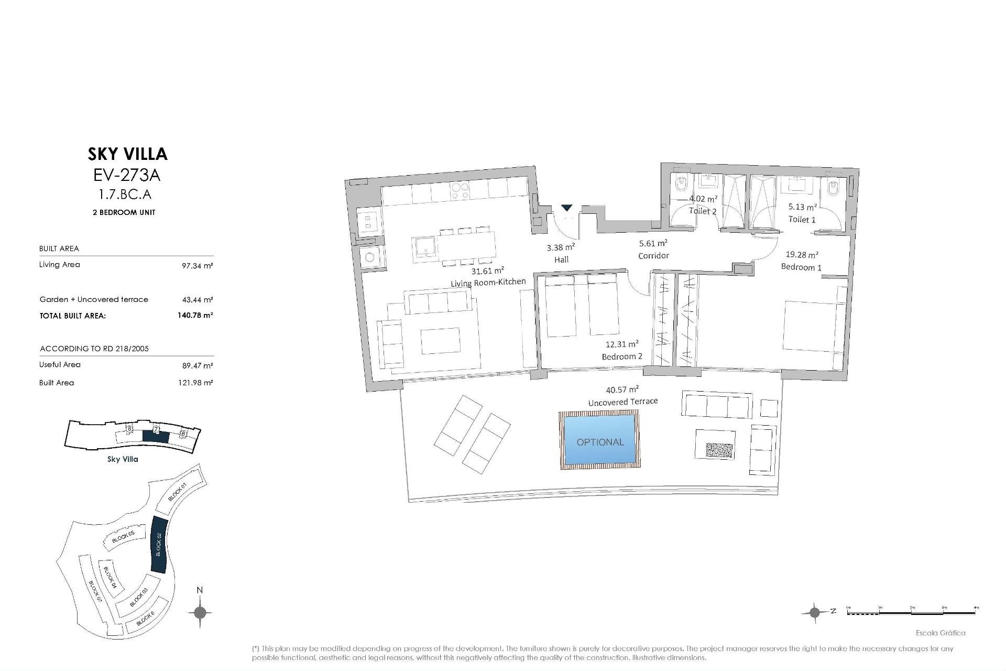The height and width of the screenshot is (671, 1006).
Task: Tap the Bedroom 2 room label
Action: click(622, 357)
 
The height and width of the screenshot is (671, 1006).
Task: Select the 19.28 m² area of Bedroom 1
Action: click(802, 255)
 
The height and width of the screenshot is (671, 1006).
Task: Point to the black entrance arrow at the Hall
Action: click(566, 208)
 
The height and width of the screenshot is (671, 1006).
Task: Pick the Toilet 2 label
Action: click(702, 211)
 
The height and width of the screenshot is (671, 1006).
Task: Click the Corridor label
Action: click(653, 256)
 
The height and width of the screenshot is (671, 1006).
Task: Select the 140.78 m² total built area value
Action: click(195, 316)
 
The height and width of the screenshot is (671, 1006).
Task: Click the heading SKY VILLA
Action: click(127, 154)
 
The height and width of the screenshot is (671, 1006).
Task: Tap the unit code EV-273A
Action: click(127, 175)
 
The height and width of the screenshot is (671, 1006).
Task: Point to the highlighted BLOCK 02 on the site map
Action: click(158, 545)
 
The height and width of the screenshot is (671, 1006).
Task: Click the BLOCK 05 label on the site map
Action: click(124, 536)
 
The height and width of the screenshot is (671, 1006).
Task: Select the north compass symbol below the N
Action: click(200, 612)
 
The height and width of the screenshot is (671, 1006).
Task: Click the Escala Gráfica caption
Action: click(940, 633)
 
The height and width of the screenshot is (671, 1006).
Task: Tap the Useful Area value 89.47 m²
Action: click(197, 366)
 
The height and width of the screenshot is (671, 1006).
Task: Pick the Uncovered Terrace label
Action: click(622, 402)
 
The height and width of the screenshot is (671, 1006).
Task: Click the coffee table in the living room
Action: click(440, 341)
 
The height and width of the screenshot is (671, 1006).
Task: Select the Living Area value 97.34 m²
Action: click(197, 266)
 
